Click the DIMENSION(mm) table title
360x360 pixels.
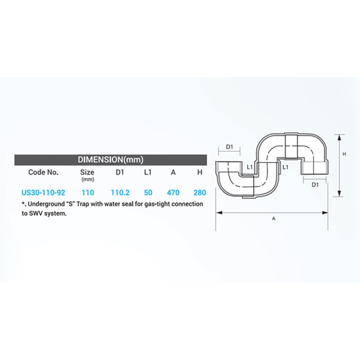111,159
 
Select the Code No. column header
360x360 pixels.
43,172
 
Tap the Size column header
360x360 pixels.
87,172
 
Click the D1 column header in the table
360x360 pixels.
120,172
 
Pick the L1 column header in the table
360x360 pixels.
148,172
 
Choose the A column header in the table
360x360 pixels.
173,172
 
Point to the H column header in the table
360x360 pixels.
200,172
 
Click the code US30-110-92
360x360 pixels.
43,193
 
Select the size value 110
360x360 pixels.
88,193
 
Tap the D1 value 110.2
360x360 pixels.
120,193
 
